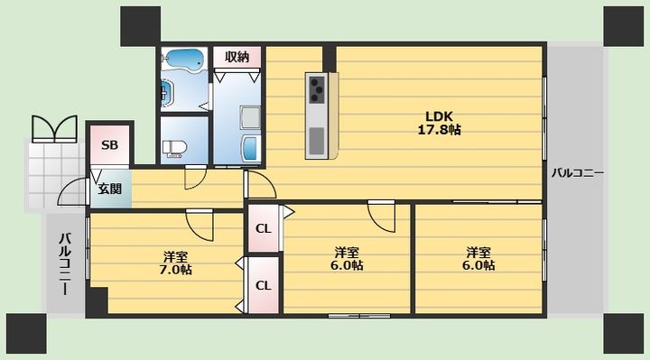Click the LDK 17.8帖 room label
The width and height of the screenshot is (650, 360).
click(439, 123)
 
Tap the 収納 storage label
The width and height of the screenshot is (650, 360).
click(237, 57)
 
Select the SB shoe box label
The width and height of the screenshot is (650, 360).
click(110, 145)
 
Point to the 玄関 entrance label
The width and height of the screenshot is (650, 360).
click(110, 189)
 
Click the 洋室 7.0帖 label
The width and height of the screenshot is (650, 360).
click(175, 263)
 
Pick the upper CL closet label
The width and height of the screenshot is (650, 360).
click(264, 228)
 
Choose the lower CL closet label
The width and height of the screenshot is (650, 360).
click(264, 285)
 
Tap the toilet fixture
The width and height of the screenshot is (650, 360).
click(175, 148)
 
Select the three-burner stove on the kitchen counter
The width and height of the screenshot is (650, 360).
click(317, 89)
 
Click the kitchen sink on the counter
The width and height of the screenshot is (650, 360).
click(317, 140)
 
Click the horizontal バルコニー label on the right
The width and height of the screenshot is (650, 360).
click(577, 173)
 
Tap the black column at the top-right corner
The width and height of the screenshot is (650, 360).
click(623, 25)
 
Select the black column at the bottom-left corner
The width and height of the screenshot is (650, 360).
click(26, 334)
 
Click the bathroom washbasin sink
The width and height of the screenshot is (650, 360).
click(166, 92)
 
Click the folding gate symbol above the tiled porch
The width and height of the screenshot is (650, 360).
click(55, 129)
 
